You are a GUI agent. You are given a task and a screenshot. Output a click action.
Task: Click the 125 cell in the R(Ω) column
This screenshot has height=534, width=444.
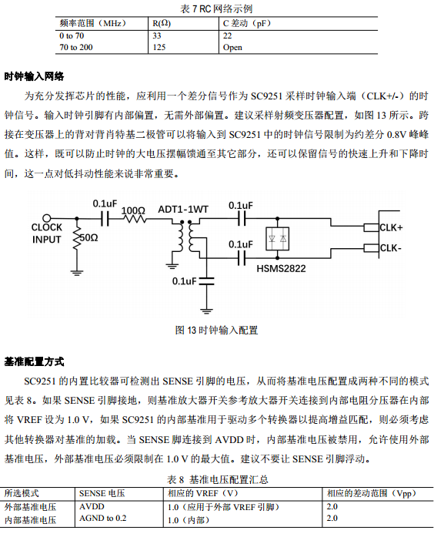(x=159, y=47)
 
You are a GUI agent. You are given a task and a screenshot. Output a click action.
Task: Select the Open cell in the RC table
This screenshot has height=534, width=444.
(x=232, y=47)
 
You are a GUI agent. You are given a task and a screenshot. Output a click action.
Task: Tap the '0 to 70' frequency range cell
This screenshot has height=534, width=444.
(x=72, y=35)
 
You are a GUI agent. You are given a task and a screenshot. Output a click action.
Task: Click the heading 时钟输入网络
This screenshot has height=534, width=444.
(x=34, y=76)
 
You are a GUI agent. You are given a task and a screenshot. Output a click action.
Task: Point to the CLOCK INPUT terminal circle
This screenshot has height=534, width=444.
(x=47, y=218)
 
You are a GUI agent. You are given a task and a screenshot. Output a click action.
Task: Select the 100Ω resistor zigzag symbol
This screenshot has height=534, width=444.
(x=135, y=218)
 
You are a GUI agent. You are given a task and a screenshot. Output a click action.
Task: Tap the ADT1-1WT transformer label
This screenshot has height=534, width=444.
(x=183, y=209)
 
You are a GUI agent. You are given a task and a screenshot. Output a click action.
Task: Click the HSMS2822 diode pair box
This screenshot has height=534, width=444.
(x=278, y=239)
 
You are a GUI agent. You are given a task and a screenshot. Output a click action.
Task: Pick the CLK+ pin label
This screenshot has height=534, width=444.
(x=391, y=227)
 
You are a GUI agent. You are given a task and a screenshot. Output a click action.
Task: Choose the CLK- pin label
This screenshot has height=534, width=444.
(x=391, y=248)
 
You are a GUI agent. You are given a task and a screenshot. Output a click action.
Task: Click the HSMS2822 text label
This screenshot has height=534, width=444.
(x=281, y=269)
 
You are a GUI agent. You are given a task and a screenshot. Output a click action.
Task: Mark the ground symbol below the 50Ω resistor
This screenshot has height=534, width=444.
(x=77, y=272)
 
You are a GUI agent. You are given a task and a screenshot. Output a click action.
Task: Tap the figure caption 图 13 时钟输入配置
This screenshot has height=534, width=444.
(x=216, y=330)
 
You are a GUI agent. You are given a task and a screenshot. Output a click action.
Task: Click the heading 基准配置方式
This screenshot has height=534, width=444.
(x=34, y=361)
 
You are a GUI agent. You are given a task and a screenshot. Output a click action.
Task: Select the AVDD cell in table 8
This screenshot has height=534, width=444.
(x=92, y=506)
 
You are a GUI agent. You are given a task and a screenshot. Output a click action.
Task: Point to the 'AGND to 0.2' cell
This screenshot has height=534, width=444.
(x=102, y=519)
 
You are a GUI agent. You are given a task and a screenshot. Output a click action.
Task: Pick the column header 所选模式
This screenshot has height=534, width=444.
(x=22, y=493)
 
